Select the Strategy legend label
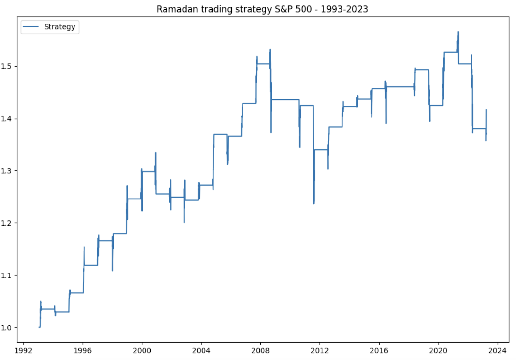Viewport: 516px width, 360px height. click(60, 27)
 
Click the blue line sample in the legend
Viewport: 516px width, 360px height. click(31, 27)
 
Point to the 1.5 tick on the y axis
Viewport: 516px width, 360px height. click(6, 66)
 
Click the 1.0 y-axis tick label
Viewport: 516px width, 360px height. click(6, 328)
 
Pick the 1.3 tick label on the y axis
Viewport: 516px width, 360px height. click(6, 171)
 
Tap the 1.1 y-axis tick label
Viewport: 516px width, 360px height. click(6, 276)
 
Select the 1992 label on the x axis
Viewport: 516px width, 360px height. click(23, 351)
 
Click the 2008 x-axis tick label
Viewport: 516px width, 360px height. click(260, 351)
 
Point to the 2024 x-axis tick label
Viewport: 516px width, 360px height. click(497, 351)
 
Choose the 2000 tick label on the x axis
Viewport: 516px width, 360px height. click(142, 351)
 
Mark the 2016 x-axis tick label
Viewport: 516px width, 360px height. click(379, 351)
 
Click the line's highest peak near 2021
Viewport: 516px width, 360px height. click(458, 32)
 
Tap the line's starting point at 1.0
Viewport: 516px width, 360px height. click(39, 327)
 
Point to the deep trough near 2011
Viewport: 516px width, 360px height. click(314, 203)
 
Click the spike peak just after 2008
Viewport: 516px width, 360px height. click(270, 50)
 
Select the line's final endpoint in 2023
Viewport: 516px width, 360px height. click(486, 133)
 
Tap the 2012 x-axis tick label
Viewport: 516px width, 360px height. click(320, 351)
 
